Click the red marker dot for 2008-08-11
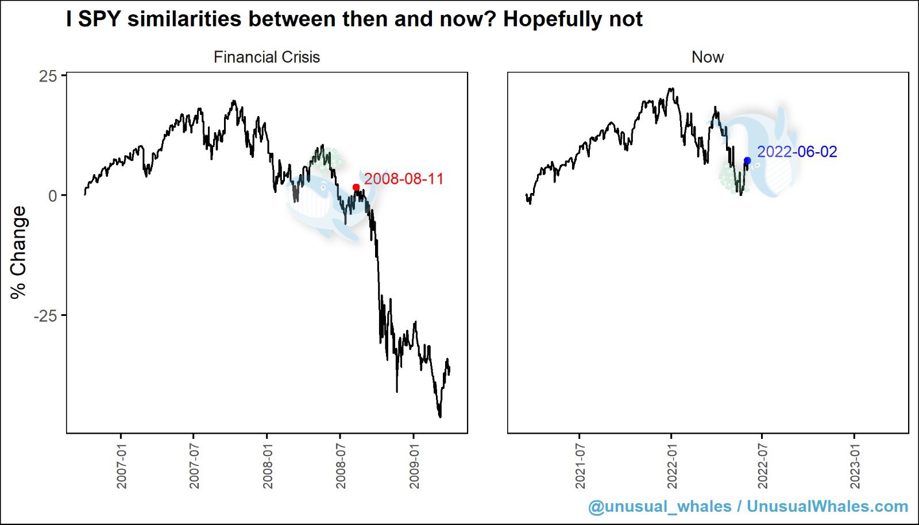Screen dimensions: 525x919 pos(356,187)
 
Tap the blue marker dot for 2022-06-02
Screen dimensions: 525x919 pos(747,161)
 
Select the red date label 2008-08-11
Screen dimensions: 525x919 pos(404,179)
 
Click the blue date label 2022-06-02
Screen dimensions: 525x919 pos(797,152)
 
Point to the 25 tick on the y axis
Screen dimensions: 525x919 pos(48,76)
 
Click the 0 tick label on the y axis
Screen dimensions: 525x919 pos(52,196)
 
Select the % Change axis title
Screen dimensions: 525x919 pos(18,252)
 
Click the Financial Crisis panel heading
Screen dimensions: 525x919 pos(267,57)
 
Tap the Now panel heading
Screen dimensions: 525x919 pos(708,57)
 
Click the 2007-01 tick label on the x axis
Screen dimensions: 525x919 pos(121,466)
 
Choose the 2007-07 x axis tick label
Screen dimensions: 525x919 pos(194,466)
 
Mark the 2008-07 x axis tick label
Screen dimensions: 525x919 pos(341,466)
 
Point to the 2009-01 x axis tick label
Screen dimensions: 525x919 pos(414,466)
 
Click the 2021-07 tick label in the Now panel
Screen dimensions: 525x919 pos(580,466)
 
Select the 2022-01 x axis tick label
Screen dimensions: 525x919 pos(671,466)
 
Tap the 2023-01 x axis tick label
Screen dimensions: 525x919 pos(855,466)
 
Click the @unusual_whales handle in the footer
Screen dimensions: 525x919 pos(659,507)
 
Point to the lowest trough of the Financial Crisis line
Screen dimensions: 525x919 pos(440,417)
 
